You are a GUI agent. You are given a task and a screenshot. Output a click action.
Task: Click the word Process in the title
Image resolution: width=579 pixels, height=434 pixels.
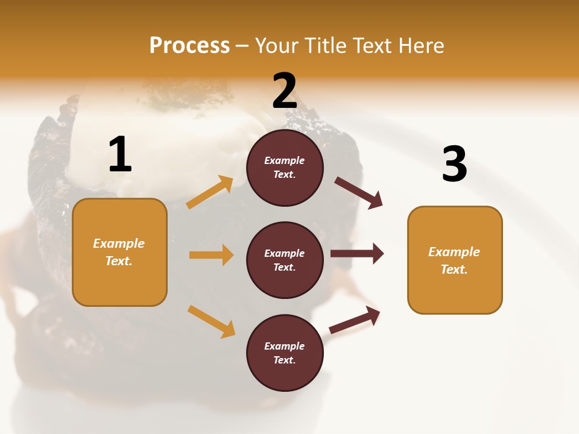tap(189, 46)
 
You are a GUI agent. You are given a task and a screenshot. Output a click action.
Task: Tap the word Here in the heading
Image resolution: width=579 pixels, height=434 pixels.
tap(419, 46)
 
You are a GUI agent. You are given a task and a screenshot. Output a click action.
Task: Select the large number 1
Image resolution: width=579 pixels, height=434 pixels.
tap(120, 155)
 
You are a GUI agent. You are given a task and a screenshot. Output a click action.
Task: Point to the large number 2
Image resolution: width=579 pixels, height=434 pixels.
tap(285, 91)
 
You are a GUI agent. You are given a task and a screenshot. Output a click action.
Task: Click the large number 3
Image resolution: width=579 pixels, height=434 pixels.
tap(454, 164)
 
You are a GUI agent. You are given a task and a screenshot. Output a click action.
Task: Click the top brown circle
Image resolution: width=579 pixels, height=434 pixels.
tap(285, 168)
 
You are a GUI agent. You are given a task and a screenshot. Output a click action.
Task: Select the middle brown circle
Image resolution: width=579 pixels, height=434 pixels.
tap(285, 260)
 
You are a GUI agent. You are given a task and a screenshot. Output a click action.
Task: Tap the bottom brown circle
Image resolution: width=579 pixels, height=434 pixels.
tap(285, 353)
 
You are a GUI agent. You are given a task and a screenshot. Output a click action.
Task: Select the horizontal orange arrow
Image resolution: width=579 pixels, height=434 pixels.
tap(211, 255)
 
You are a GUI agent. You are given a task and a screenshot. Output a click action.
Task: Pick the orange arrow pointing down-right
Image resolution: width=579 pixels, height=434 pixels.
tap(211, 321)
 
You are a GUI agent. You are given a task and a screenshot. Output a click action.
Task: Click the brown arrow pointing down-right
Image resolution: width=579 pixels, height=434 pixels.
tap(359, 193)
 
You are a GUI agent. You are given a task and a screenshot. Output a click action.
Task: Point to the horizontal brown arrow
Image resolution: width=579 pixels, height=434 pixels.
tap(357, 253)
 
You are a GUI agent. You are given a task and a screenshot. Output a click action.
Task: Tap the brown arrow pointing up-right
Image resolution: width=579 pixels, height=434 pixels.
tap(355, 319)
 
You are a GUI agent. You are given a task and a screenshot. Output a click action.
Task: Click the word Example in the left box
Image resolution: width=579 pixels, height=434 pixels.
tap(119, 244)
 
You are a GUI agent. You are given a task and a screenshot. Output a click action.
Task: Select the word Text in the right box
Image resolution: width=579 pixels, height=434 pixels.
tap(454, 269)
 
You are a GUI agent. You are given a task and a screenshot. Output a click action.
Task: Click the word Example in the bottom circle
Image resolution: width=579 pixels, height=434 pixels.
tap(284, 346)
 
